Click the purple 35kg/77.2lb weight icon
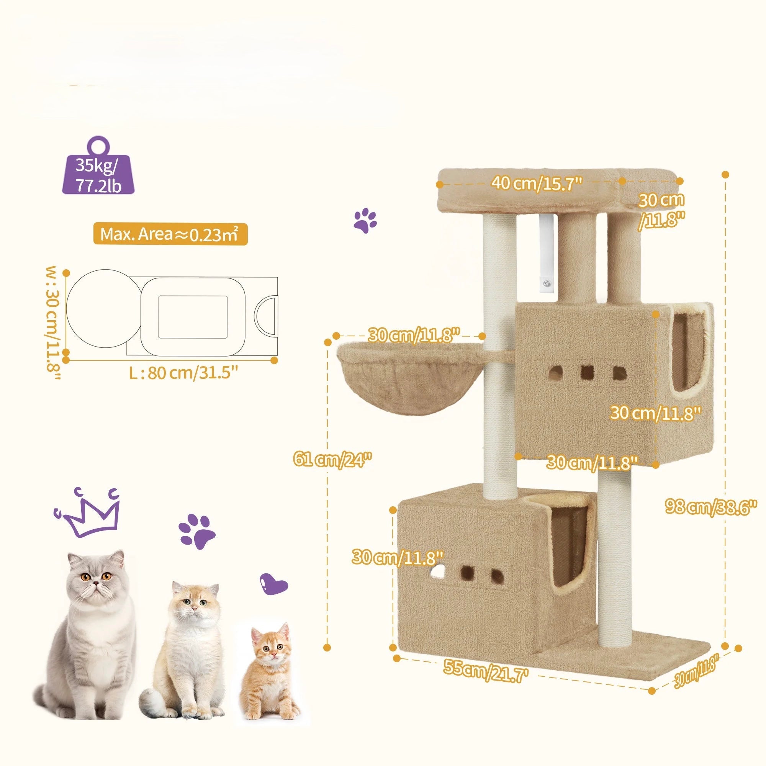[x=98, y=171]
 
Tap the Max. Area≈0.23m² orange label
[x=170, y=235]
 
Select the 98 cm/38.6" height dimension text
[x=711, y=507]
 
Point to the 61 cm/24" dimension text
[x=333, y=460]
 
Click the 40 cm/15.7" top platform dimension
[x=537, y=183]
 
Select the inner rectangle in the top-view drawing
[x=193, y=317]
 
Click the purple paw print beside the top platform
[x=365, y=221]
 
